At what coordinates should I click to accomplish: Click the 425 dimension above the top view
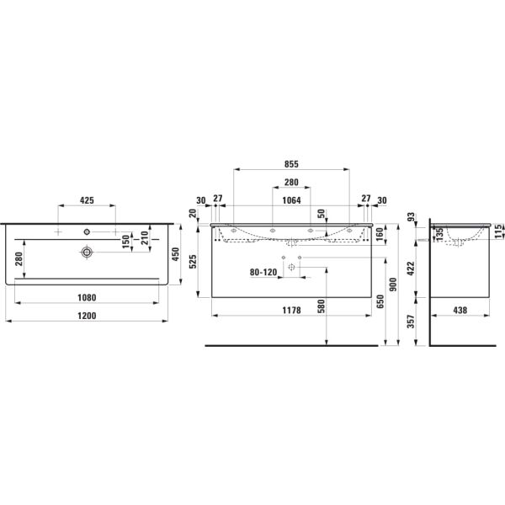pos(86,201)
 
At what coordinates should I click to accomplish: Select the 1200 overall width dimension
pos(87,316)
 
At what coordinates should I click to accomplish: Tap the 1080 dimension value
pos(87,296)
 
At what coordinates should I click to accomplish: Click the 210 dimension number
pos(144,242)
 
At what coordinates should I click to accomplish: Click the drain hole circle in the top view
pos(86,251)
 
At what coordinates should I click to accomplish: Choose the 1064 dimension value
pos(292,199)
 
